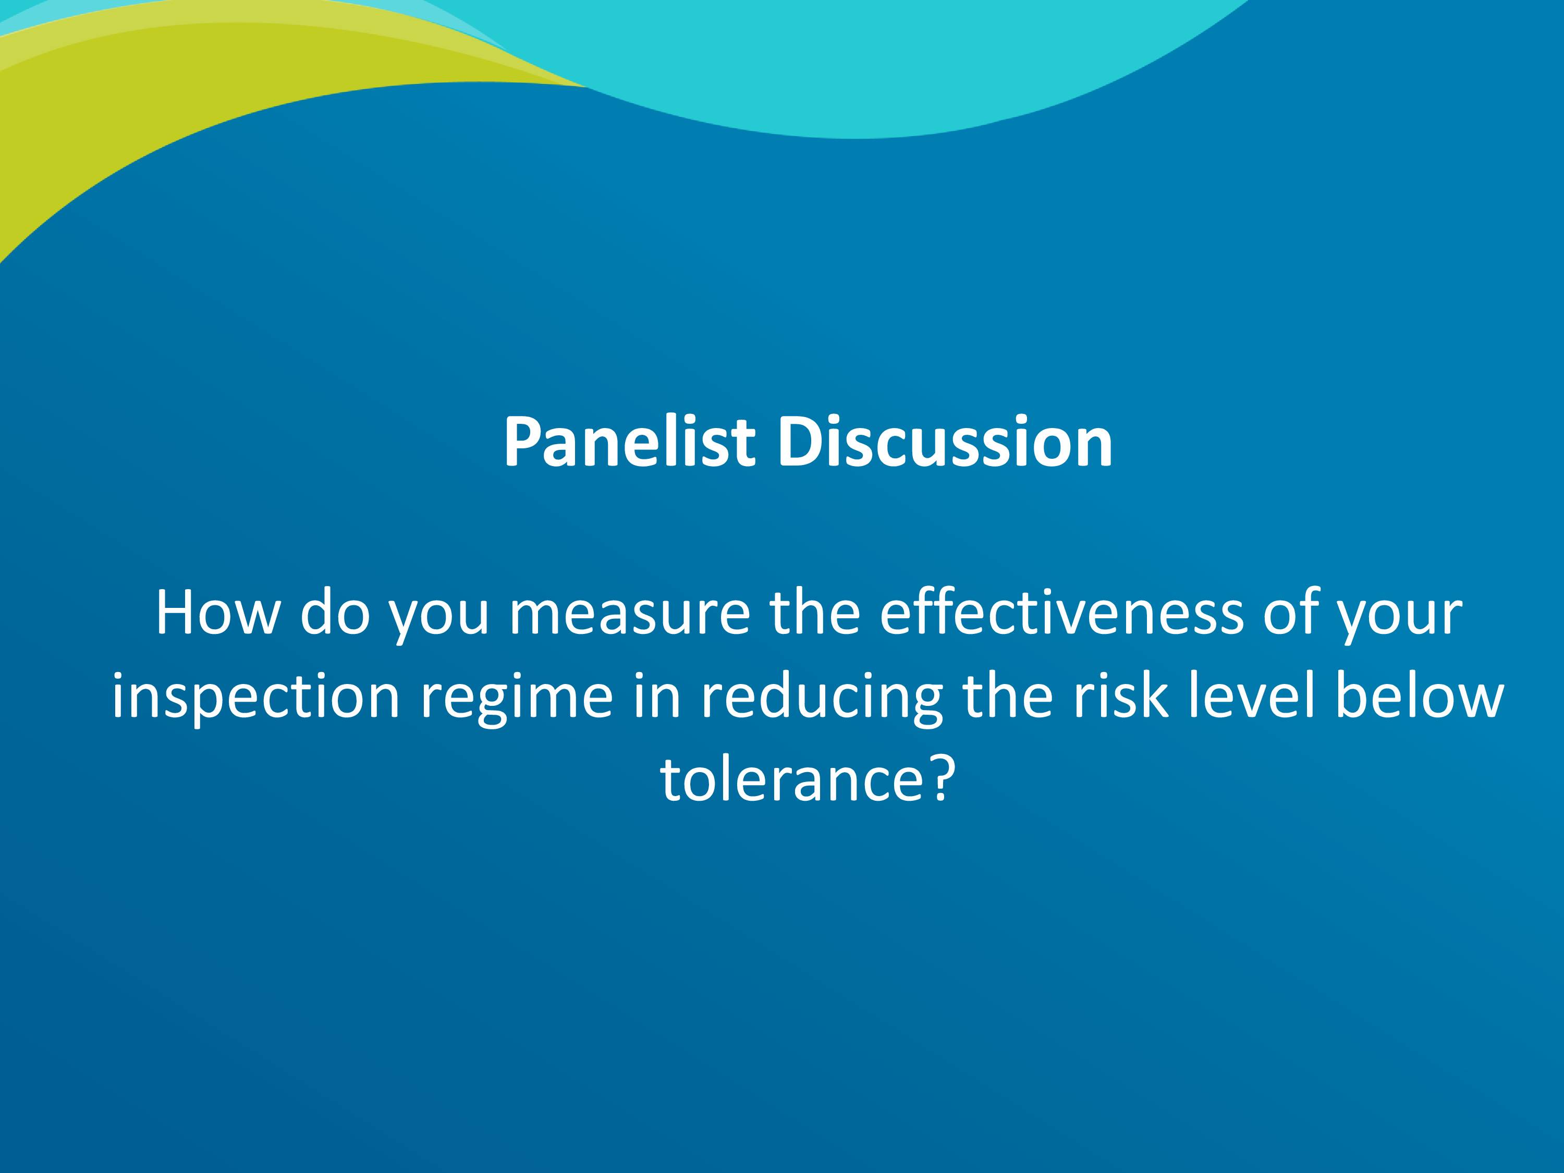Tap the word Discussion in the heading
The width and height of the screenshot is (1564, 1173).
point(945,442)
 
